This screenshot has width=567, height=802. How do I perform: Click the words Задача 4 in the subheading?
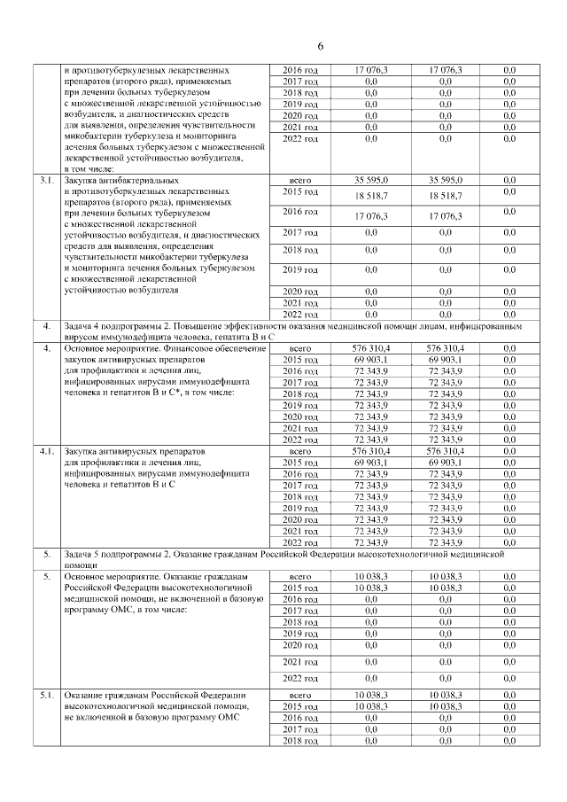(86, 327)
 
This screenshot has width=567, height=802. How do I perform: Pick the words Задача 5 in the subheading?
(86, 553)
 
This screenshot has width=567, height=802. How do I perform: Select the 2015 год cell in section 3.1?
(299, 192)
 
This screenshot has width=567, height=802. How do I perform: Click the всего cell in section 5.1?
(299, 694)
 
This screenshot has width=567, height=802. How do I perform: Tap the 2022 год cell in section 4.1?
(299, 542)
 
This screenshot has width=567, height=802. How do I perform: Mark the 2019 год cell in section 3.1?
(299, 269)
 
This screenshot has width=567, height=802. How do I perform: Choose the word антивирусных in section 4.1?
(151, 451)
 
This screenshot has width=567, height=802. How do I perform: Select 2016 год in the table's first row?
(299, 69)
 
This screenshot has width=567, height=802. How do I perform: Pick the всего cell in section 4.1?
(299, 451)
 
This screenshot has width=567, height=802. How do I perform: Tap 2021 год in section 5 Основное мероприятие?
(299, 662)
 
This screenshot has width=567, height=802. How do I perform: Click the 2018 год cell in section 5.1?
(299, 740)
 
